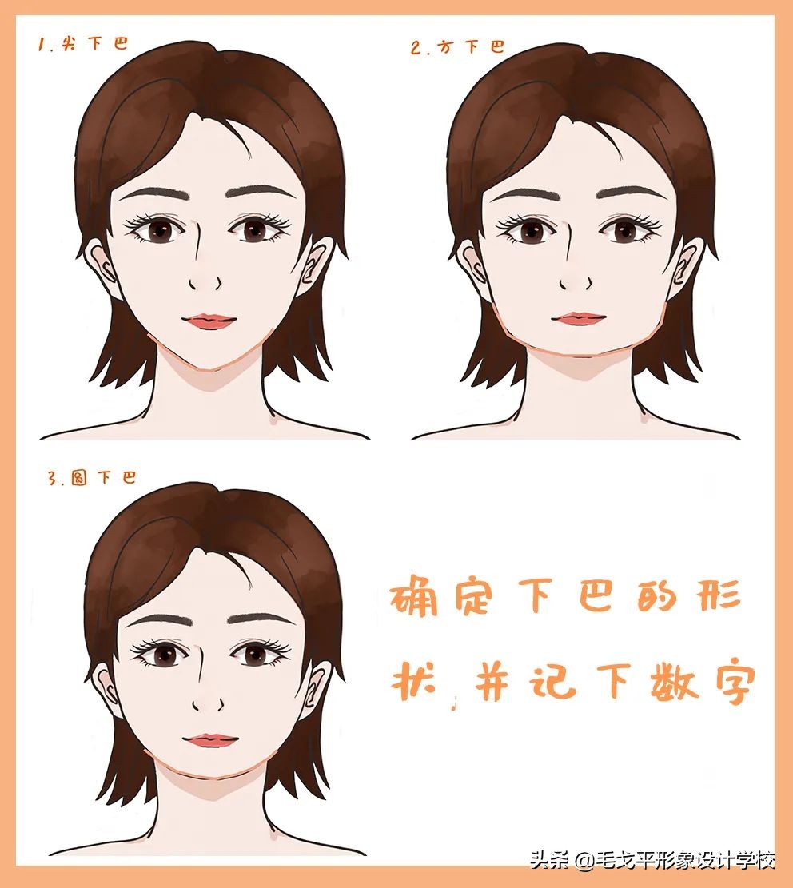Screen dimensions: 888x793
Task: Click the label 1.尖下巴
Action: pos(83,43)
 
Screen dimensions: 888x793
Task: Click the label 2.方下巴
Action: pos(458,46)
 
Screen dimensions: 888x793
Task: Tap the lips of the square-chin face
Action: pos(579,318)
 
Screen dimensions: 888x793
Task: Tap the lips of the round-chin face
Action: pos(210,740)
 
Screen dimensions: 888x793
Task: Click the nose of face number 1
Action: pos(205,282)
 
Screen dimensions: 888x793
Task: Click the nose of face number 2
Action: pos(575,282)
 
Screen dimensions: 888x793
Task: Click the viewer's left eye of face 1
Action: pos(154,231)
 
